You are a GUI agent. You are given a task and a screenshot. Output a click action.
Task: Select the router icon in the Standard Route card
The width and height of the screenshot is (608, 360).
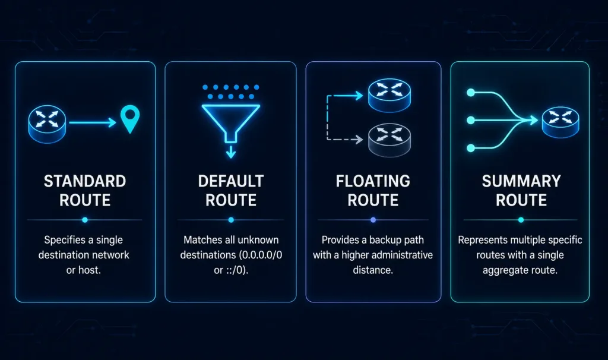tap(47, 124)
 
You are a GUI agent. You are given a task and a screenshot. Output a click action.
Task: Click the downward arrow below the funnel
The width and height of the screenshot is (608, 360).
tap(231, 151)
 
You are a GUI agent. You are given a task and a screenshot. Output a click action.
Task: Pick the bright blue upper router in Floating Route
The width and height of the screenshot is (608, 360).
tap(389, 96)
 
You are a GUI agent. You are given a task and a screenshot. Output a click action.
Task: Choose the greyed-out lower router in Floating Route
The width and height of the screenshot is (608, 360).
tap(389, 140)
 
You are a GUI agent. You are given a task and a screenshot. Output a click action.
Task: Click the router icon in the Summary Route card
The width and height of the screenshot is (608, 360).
tap(560, 122)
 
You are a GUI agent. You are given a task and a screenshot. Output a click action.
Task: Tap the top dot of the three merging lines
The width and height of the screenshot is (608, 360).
tap(471, 92)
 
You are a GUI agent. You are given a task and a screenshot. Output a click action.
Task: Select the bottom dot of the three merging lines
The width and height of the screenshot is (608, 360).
tap(471, 148)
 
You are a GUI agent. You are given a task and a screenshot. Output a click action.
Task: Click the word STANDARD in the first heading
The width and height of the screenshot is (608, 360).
tap(85, 181)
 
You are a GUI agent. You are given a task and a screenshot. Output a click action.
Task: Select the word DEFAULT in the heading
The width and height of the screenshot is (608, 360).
tap(231, 181)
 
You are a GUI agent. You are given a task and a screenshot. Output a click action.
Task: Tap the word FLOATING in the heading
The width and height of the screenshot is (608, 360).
tap(373, 181)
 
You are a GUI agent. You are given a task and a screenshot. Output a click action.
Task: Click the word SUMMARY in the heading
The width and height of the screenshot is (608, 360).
tap(521, 181)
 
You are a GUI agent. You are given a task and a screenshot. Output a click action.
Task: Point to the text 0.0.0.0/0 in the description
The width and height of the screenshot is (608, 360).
tap(261, 255)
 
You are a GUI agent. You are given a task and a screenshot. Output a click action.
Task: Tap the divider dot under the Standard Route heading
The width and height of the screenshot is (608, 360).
tap(85, 220)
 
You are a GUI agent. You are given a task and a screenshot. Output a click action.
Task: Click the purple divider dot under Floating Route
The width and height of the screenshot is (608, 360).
tap(373, 220)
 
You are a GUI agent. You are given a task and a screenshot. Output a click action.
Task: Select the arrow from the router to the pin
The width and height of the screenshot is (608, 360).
tap(93, 122)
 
